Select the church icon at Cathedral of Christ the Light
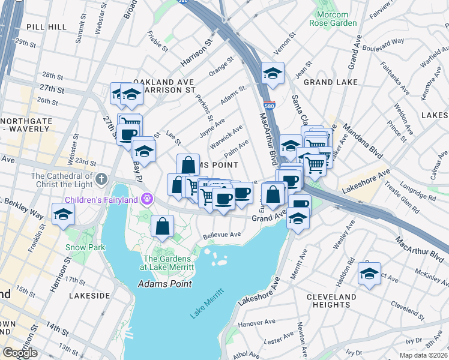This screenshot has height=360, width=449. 101,179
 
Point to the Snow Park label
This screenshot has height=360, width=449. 86,247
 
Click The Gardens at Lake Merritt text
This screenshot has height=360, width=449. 166,262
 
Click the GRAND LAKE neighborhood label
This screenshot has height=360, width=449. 330,82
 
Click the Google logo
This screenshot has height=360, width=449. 20,353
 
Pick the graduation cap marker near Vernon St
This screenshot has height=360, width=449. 273,73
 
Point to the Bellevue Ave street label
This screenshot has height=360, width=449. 221,235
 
